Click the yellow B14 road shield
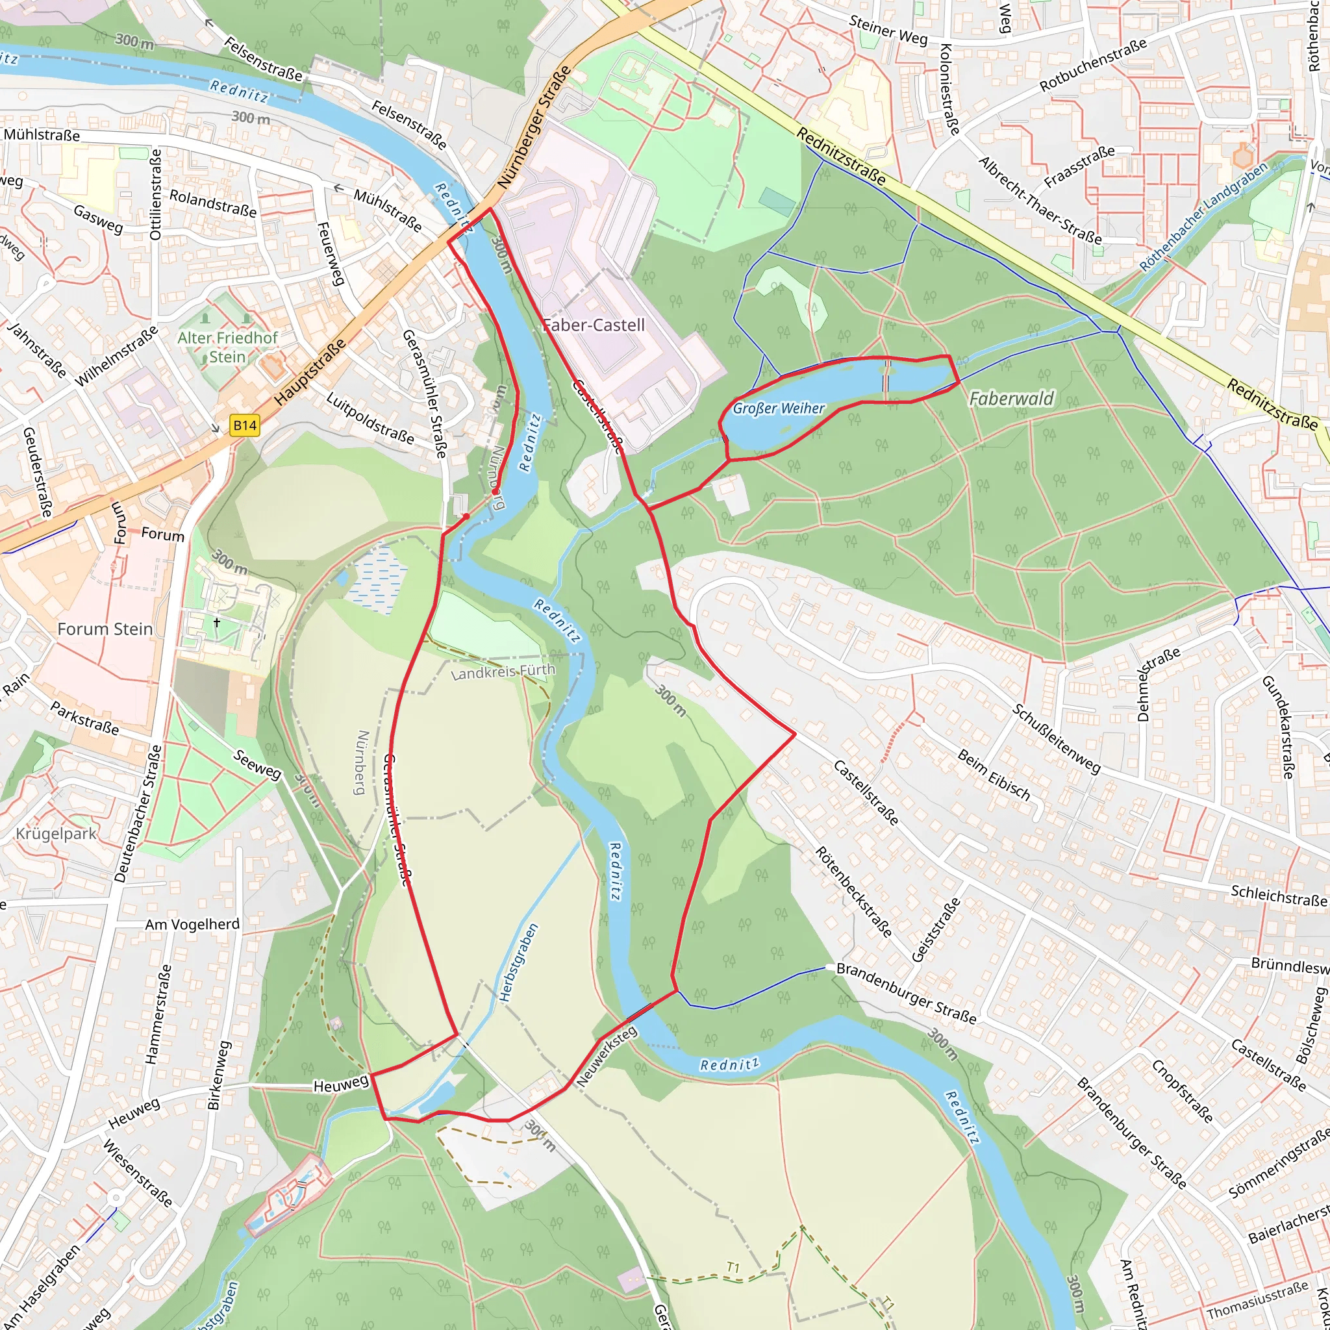tap(244, 425)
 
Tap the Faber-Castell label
tap(594, 325)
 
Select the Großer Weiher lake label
tap(778, 408)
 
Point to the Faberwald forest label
tap(1011, 399)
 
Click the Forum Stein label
tap(105, 629)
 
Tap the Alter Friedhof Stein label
tap(227, 347)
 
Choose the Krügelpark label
tap(56, 834)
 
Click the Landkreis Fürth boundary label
tap(503, 671)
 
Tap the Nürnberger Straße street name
tap(534, 127)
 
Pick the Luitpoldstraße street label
tap(370, 419)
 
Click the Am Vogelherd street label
tap(192, 925)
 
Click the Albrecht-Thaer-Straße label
tap(1040, 200)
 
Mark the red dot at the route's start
tap(466, 516)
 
